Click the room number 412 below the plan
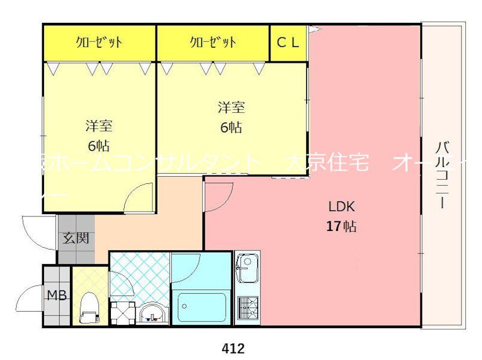pos(233,348)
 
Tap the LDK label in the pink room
pos(342,207)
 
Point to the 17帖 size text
pos(341,227)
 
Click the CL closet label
pos(288,42)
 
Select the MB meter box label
pos(57,295)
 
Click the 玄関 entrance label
pos(76,238)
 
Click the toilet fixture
pos(90,305)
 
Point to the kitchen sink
pos(246,268)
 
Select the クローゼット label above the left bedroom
pos(99,42)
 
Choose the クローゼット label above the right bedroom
pos(213,42)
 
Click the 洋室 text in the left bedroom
pos(99,127)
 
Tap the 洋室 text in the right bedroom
pos(231,109)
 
